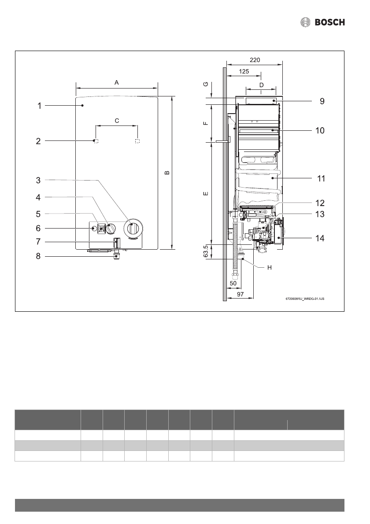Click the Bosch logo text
tap(330, 22)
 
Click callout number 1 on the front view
tap(40, 106)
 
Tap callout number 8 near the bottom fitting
tap(38, 256)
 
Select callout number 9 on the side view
tap(322, 101)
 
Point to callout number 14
tap(320, 238)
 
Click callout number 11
tap(321, 178)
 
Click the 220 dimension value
tap(255, 60)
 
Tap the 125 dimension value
tap(244, 71)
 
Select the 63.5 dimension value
tap(206, 251)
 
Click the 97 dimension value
tap(240, 294)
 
